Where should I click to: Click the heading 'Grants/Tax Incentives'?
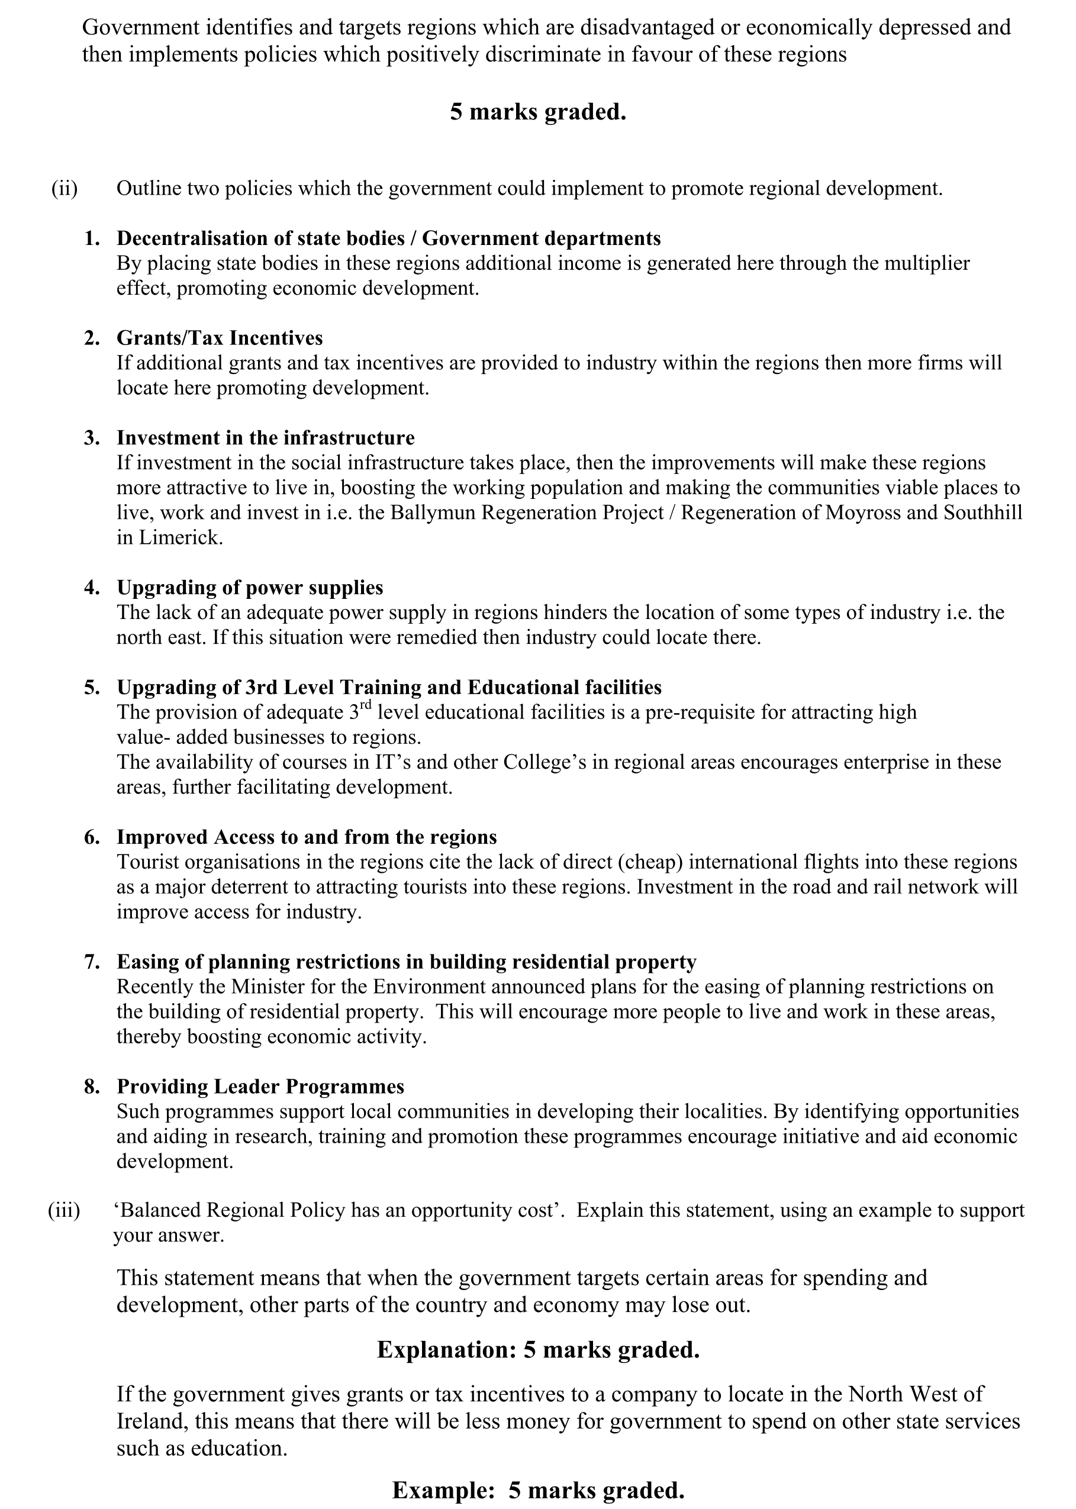point(220,338)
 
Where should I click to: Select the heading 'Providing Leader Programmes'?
point(260,1086)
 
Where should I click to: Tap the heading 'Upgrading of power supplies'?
point(250,588)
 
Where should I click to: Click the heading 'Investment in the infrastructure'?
point(266,438)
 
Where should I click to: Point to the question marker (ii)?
point(65,189)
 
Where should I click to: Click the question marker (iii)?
point(63,1210)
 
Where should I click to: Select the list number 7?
point(91,962)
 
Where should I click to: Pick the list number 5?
point(91,688)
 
